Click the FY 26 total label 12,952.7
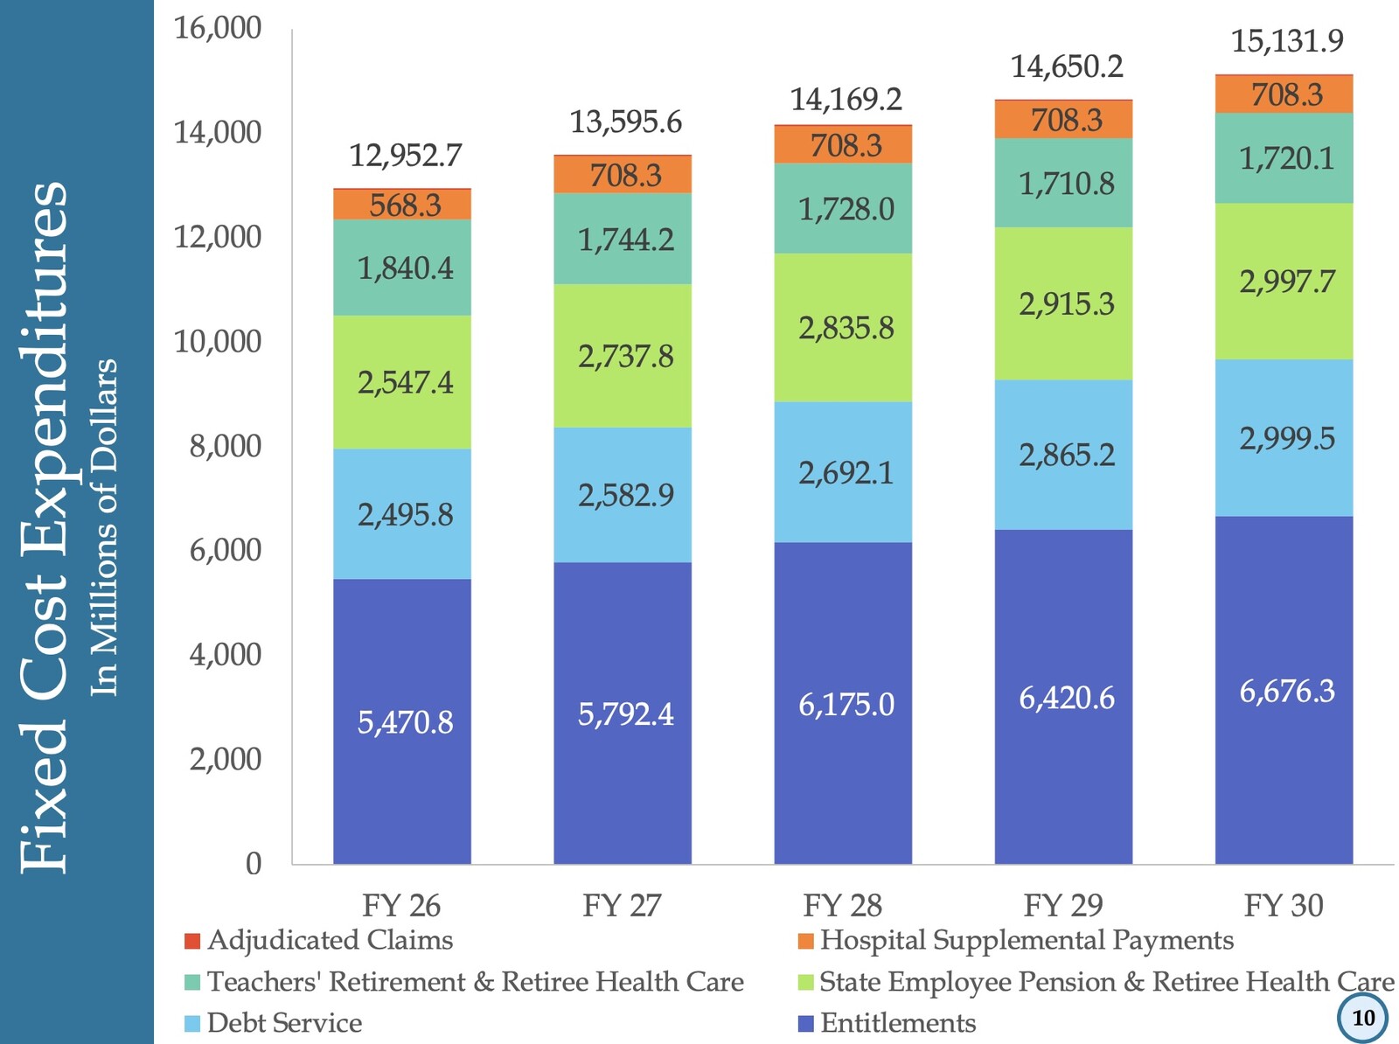405,156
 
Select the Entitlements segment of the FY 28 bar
843,703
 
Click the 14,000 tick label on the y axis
218,133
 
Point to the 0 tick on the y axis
253,864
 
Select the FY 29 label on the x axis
1063,906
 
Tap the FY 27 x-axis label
623,906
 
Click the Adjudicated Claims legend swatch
192,941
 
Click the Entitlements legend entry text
898,1023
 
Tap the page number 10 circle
1362,1018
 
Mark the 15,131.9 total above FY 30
1287,41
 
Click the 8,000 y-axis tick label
226,446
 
